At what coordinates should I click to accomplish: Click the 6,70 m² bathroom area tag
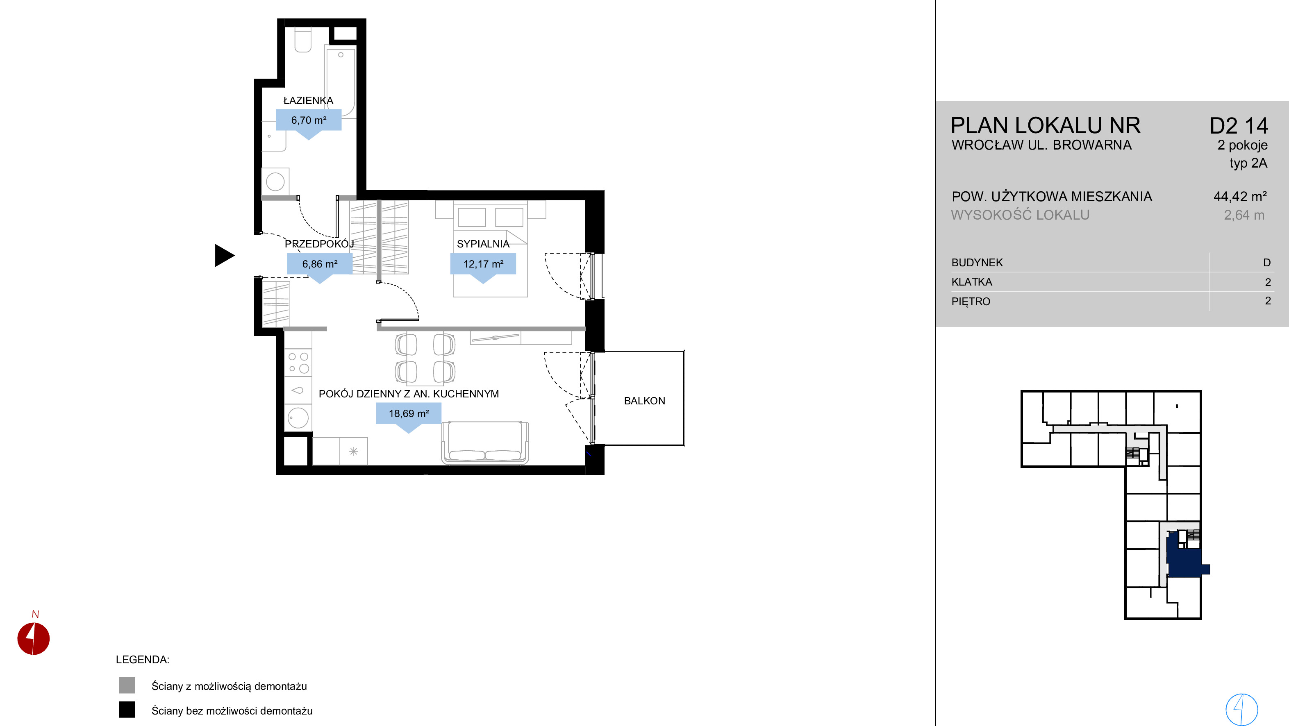click(309, 120)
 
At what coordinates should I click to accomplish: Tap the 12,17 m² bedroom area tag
click(483, 264)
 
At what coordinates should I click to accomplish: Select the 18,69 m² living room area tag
click(409, 414)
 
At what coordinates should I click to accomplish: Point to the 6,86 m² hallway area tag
click(320, 264)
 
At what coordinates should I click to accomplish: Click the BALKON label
click(644, 401)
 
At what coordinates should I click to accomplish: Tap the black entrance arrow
click(224, 255)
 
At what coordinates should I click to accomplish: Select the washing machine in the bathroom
click(275, 181)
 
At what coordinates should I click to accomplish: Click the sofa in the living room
click(485, 442)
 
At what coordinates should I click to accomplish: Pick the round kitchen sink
click(298, 417)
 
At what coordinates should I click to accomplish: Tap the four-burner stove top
click(298, 363)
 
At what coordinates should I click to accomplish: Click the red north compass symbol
click(34, 638)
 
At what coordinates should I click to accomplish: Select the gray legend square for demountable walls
click(127, 685)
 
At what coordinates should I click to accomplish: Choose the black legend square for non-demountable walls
click(127, 710)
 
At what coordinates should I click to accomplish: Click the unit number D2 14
click(1239, 126)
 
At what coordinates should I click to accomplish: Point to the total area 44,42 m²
click(1240, 197)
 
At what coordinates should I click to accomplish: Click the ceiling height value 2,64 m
click(1244, 215)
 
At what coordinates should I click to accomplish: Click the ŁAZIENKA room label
click(308, 100)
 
